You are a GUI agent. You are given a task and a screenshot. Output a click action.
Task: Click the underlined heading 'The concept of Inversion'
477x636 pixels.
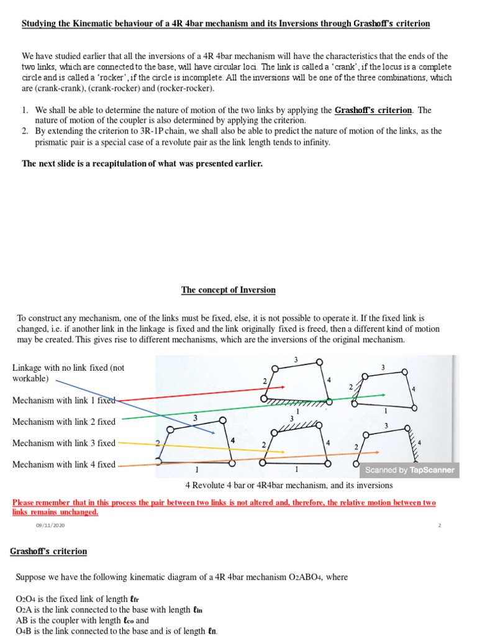(228, 290)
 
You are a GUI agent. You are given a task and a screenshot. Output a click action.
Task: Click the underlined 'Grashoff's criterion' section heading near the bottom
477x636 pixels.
(48, 552)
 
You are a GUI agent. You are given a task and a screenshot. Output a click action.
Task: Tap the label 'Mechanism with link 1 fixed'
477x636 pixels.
(64, 401)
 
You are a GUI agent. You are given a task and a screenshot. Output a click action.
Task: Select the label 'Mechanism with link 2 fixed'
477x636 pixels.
(64, 422)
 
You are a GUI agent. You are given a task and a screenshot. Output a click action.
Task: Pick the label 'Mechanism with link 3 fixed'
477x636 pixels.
(64, 443)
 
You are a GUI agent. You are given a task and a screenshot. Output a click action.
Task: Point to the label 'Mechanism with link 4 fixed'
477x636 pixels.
(64, 465)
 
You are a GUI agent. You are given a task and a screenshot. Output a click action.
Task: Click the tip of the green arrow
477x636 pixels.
(384, 395)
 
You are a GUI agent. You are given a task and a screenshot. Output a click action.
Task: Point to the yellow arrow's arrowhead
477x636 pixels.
(284, 452)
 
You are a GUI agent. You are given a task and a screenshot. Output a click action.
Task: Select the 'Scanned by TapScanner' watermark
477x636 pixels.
(409, 470)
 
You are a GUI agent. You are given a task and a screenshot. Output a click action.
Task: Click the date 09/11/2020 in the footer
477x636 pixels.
(50, 525)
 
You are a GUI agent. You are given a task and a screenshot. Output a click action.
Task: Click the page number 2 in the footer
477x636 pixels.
(439, 525)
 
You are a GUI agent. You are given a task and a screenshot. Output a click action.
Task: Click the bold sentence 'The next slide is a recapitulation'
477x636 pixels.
(142, 164)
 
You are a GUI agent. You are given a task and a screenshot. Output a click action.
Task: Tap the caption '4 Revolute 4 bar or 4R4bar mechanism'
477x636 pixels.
(289, 485)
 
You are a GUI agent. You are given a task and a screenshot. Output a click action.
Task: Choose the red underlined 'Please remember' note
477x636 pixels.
(224, 507)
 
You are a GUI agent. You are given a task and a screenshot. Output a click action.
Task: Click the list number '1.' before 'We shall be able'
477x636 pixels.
(25, 110)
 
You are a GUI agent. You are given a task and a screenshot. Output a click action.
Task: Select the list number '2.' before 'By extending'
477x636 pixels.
(25, 131)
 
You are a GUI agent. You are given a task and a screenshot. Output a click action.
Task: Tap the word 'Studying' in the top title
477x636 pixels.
(39, 24)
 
